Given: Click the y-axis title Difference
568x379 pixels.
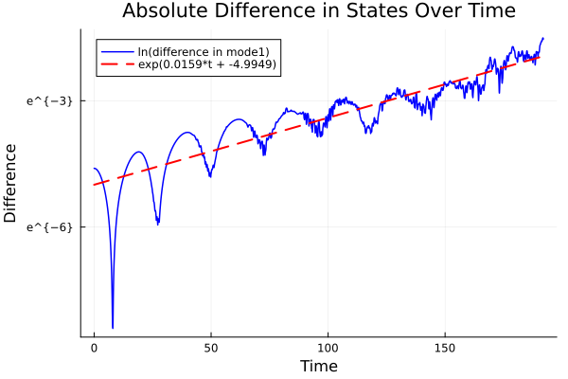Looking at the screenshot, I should point(11,184).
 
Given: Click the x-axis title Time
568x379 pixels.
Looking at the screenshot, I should point(318,366).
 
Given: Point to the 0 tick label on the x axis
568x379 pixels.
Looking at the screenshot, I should point(94,348).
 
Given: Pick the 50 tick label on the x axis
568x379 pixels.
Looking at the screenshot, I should point(210,348).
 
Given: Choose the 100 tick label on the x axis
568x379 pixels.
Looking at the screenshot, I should point(328,348).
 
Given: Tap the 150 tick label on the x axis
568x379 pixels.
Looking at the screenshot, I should point(444,348).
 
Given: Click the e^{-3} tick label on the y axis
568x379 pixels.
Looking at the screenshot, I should point(50,100).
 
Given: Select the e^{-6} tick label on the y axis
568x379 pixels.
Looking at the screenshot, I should point(50,226).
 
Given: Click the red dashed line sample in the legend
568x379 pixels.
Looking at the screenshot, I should point(117,65).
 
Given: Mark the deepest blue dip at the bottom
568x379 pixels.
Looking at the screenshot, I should point(113,327).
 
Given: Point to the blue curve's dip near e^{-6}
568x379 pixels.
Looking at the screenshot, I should point(158,224).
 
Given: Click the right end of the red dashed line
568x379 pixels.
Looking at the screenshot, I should point(540,58).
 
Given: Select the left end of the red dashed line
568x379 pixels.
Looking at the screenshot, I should point(94,184).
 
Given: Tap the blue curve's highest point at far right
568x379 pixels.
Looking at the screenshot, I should point(543,38).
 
